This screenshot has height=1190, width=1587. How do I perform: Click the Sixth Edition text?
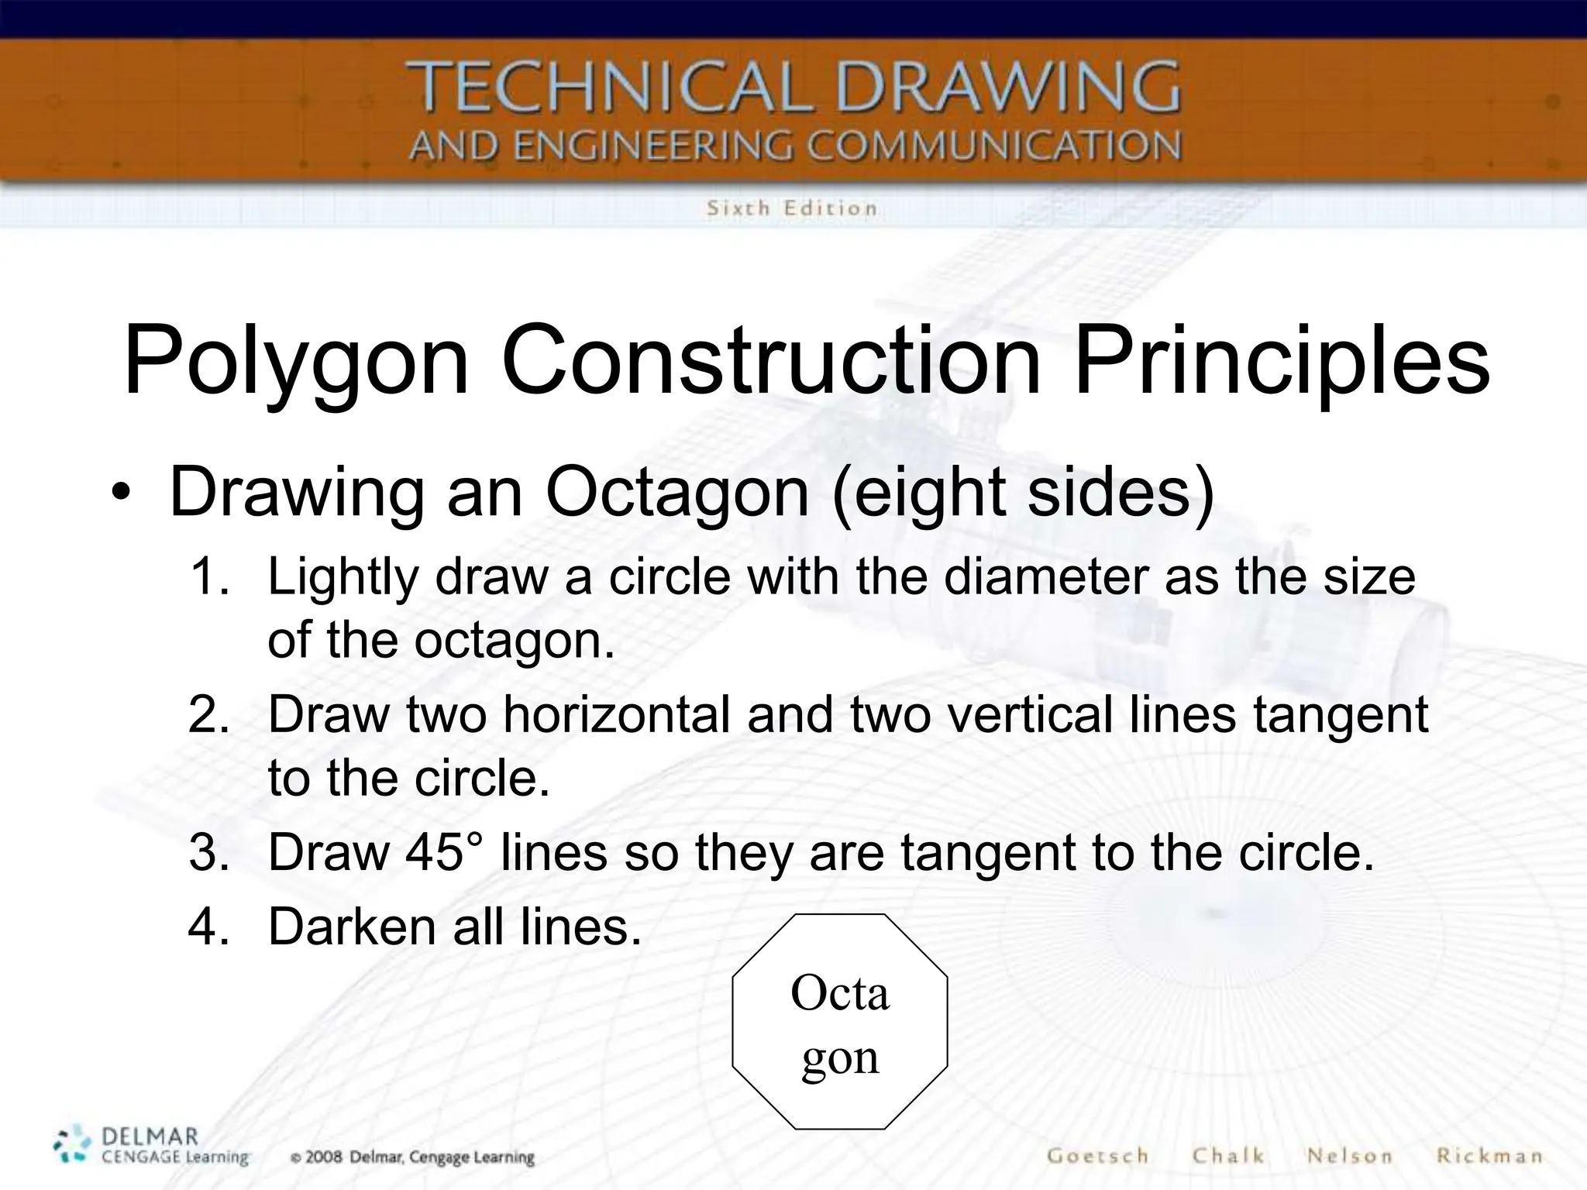click(x=791, y=208)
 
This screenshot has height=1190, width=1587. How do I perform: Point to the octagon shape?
click(x=840, y=1021)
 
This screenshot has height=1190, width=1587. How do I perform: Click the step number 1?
click(x=209, y=577)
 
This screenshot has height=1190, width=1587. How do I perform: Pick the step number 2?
click(x=209, y=714)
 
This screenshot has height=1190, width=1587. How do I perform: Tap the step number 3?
click(x=209, y=852)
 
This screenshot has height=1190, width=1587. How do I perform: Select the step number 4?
click(x=209, y=926)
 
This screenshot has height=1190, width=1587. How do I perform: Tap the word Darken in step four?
click(x=353, y=926)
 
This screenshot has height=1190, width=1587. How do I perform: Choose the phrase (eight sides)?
click(x=1023, y=493)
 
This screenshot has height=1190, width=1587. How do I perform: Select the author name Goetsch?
click(x=1097, y=1156)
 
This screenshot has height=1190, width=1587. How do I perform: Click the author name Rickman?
click(x=1489, y=1156)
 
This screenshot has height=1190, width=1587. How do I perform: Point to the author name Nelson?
click(x=1350, y=1156)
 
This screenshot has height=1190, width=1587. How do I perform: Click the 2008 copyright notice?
click(x=412, y=1157)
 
